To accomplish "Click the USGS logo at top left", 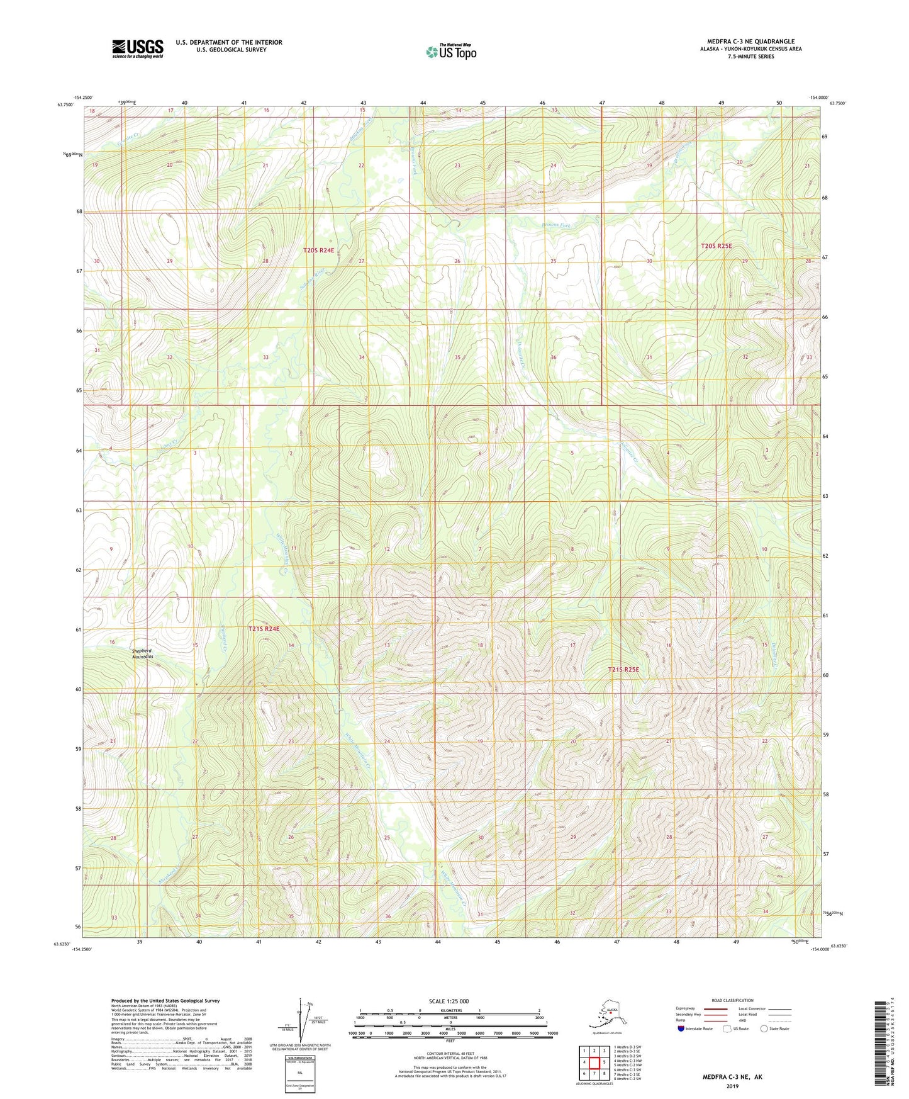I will click(137, 48).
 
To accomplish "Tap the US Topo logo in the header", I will click(450, 51).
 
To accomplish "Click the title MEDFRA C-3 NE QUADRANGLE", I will click(750, 42).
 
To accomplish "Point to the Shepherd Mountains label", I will click(142, 653).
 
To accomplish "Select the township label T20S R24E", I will click(318, 250).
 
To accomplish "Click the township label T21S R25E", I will click(623, 669).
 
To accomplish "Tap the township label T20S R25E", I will click(716, 245).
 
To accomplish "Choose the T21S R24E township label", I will click(263, 628).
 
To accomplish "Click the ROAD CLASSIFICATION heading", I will click(733, 1000).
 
